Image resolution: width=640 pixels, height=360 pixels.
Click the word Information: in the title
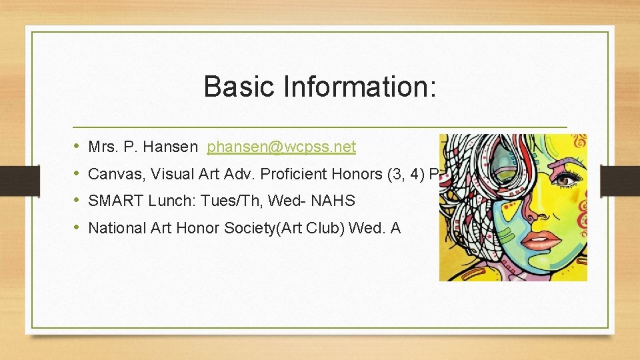pos(360,87)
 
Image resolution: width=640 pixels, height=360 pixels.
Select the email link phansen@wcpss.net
pos(281,147)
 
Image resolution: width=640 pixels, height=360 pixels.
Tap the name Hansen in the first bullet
pos(174,147)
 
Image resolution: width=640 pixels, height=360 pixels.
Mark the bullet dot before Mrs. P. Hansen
pos(77,146)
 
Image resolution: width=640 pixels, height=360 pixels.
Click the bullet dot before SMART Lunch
pos(77,200)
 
